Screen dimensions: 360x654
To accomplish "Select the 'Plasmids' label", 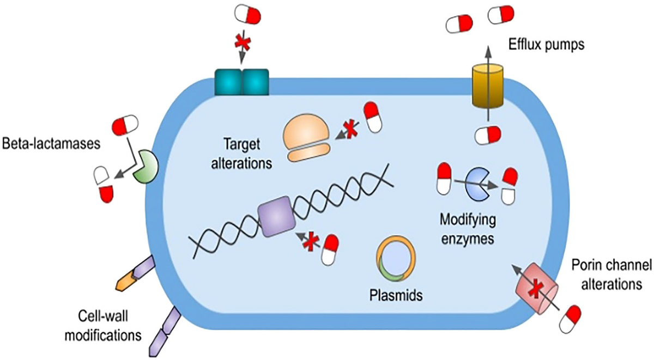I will (x=393, y=296).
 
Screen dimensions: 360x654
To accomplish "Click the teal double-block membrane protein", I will (x=243, y=82).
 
